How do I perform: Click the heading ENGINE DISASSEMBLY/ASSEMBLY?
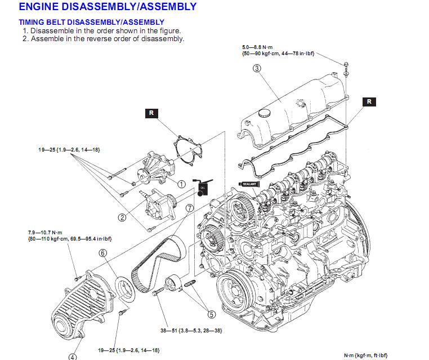coord(100,7)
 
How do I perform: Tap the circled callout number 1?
coord(181,184)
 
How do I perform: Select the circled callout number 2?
coord(122,216)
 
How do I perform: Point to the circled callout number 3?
coord(257,69)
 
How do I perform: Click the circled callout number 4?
coord(73,355)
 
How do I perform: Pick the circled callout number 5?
coord(212,314)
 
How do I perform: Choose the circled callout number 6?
coord(103,254)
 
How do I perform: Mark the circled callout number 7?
coord(190,208)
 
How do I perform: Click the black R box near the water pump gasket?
coord(150,113)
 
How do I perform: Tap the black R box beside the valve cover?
coord(369,101)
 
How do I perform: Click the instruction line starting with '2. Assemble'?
coord(107,39)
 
